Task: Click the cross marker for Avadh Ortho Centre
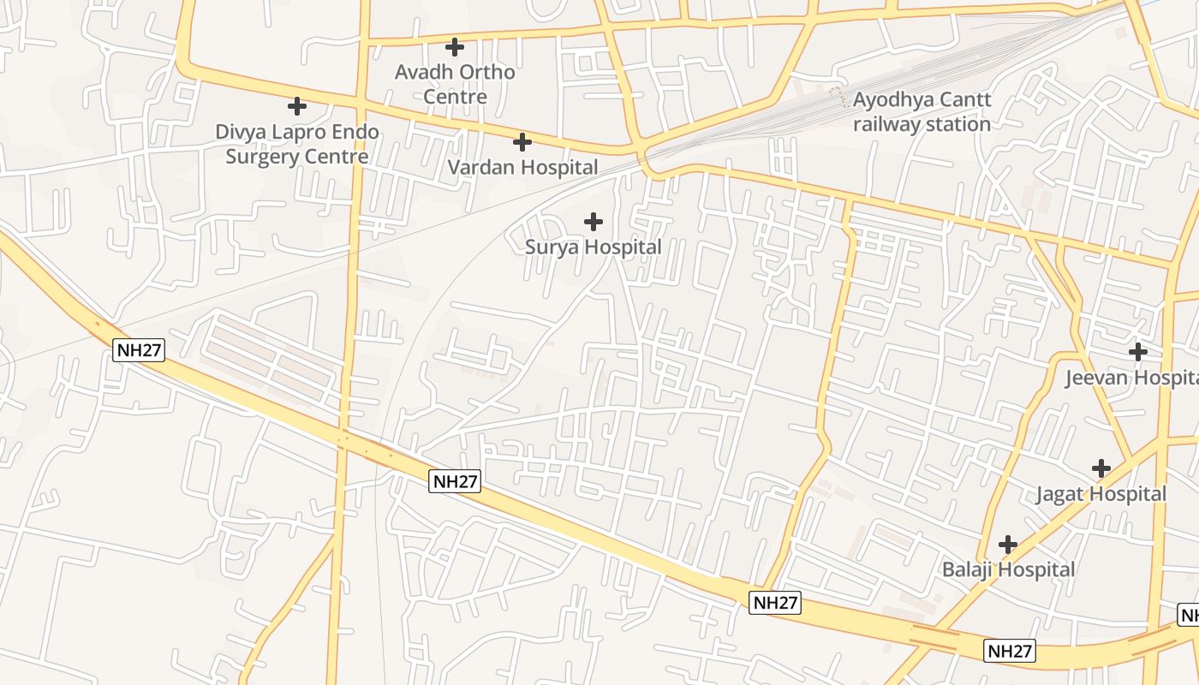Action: click(455, 47)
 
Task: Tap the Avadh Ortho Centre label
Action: click(455, 84)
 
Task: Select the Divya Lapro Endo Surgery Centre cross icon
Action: click(297, 106)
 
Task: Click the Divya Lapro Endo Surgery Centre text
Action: click(297, 144)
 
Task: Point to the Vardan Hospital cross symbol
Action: click(522, 142)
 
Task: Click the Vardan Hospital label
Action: click(522, 168)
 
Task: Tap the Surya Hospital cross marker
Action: click(593, 223)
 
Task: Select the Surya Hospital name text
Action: click(593, 247)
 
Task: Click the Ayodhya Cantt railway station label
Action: click(922, 111)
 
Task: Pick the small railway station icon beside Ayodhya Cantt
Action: click(844, 98)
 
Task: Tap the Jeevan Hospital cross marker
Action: click(1137, 351)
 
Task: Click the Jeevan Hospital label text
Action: click(1130, 378)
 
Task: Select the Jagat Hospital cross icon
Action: click(1101, 468)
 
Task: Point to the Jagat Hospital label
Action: click(1101, 494)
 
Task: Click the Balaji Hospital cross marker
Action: click(1008, 544)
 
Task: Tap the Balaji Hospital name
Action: click(1008, 569)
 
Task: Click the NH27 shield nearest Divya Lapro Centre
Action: click(138, 349)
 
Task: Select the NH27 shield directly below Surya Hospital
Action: click(455, 481)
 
